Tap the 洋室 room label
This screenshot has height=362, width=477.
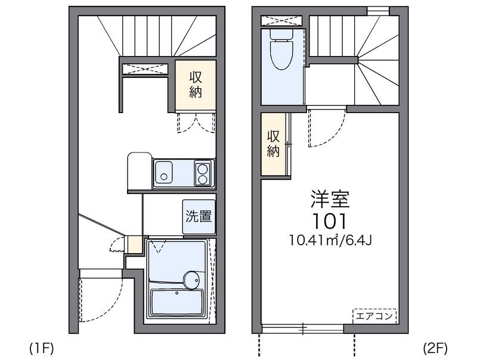329,199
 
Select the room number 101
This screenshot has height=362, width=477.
329,221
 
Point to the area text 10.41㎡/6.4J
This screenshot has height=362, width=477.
331,241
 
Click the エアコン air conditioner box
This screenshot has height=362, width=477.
374,316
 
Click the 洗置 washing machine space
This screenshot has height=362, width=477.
198,216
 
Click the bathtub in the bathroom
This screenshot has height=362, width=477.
176,301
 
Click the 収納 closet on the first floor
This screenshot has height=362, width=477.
195,85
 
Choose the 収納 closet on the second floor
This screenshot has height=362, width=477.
274,143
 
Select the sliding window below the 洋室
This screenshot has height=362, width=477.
302,328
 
